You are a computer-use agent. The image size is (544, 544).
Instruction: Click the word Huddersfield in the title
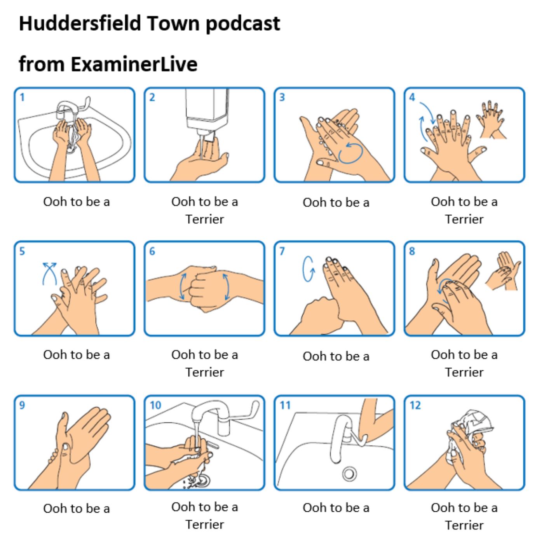point(80,23)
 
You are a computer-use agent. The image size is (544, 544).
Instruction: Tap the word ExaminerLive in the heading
point(134,65)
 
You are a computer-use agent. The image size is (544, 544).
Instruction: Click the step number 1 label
point(22,98)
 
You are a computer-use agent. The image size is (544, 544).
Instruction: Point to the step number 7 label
point(282,251)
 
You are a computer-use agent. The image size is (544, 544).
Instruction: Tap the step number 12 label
point(415,405)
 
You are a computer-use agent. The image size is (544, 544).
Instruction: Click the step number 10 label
point(155,405)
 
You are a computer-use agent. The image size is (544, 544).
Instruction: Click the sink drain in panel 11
point(349,474)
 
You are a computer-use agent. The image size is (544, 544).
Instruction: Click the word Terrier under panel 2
point(205,220)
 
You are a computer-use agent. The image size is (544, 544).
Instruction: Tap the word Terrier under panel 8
point(464,372)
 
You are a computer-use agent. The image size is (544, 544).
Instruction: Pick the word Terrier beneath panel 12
point(464,525)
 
